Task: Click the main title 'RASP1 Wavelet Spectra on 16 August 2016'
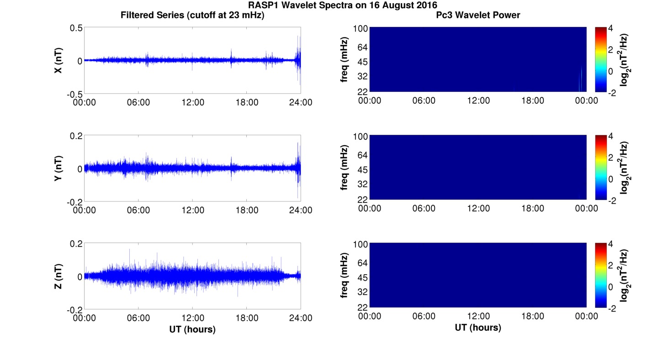click(x=342, y=5)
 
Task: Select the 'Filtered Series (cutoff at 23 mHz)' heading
click(x=192, y=15)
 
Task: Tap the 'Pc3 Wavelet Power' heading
click(x=478, y=15)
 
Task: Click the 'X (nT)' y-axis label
click(x=58, y=61)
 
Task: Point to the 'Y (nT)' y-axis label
click(x=58, y=169)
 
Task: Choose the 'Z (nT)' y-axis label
click(x=58, y=276)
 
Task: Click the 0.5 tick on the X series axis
click(x=76, y=28)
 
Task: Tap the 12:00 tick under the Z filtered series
click(x=192, y=318)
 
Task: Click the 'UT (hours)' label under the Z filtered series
click(x=192, y=329)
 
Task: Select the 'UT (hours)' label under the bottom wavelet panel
click(x=478, y=328)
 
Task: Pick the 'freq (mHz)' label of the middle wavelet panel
click(x=344, y=168)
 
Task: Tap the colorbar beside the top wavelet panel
click(x=600, y=59)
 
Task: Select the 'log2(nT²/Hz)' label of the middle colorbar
click(x=625, y=168)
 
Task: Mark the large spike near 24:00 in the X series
click(x=300, y=59)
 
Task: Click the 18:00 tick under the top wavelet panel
click(x=532, y=101)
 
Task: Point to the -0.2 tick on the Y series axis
click(x=75, y=201)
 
